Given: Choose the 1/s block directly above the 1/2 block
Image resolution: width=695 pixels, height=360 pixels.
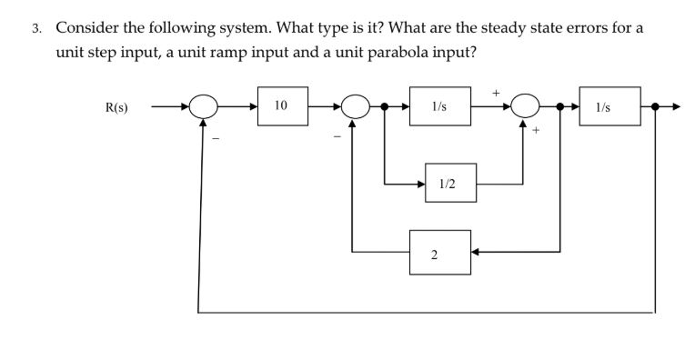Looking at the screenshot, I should click(439, 106).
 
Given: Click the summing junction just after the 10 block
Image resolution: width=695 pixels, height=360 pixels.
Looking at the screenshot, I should click(355, 107).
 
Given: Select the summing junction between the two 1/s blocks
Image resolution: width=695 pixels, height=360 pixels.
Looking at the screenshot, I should click(526, 107).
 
